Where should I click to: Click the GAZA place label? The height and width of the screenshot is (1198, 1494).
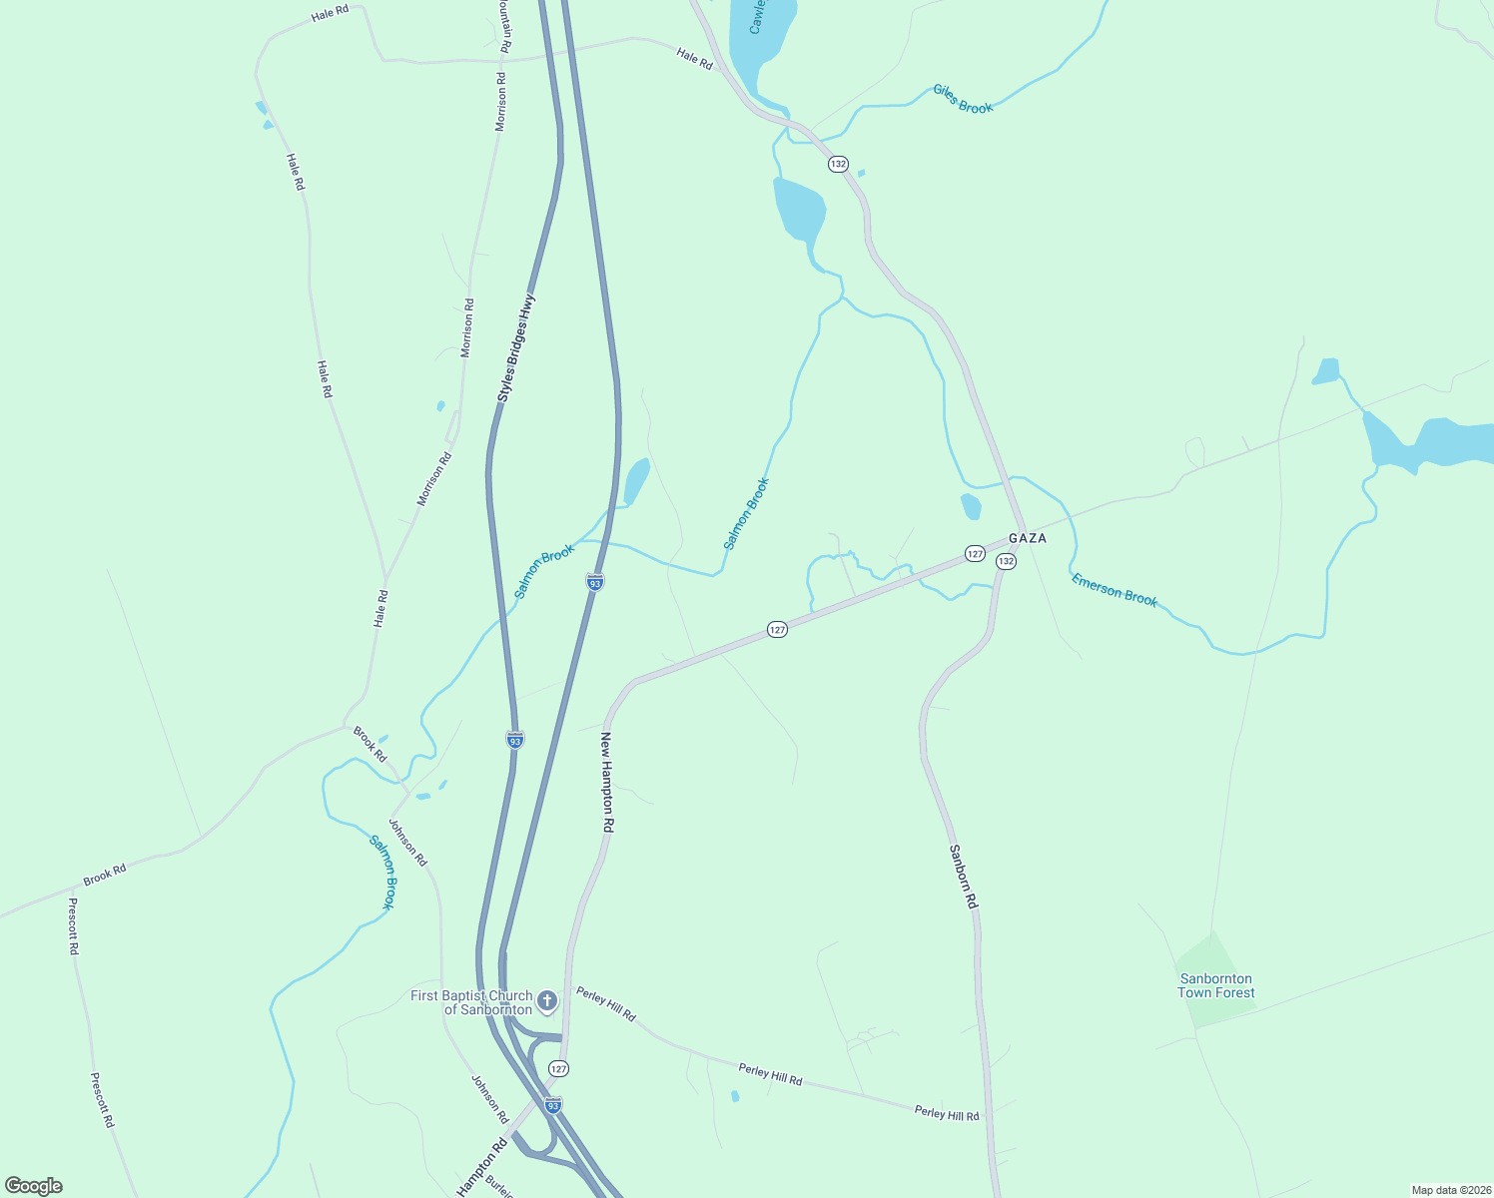[x=1027, y=538]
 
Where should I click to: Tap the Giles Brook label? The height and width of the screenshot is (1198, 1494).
[x=963, y=99]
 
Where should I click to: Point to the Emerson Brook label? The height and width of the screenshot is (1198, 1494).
[x=1114, y=590]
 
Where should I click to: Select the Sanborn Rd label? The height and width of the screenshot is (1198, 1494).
[x=964, y=876]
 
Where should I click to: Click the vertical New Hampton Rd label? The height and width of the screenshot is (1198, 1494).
[x=606, y=783]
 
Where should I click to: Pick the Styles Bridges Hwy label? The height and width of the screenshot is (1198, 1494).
[x=516, y=348]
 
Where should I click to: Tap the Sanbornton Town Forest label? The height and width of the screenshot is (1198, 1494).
[x=1215, y=985]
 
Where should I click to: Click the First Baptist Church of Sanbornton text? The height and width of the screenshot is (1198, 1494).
[x=471, y=1002]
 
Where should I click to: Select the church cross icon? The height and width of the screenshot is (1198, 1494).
[x=546, y=1000]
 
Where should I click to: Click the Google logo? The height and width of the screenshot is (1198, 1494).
[x=34, y=1186]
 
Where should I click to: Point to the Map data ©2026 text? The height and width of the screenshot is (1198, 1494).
[x=1449, y=1190]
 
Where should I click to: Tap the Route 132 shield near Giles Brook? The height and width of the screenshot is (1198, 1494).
[x=838, y=164]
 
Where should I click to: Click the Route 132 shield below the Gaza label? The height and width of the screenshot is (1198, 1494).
[x=1006, y=562]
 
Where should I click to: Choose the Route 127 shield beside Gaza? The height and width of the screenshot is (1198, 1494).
[x=975, y=553]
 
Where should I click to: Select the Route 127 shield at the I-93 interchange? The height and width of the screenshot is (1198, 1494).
[x=558, y=1069]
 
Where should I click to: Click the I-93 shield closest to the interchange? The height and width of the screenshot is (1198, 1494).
[x=553, y=1105]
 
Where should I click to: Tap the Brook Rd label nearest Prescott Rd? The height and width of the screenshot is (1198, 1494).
[x=105, y=875]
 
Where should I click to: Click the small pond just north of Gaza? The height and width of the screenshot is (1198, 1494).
[x=971, y=506]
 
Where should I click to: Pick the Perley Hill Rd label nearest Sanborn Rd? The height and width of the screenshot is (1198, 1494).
[x=947, y=1113]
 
